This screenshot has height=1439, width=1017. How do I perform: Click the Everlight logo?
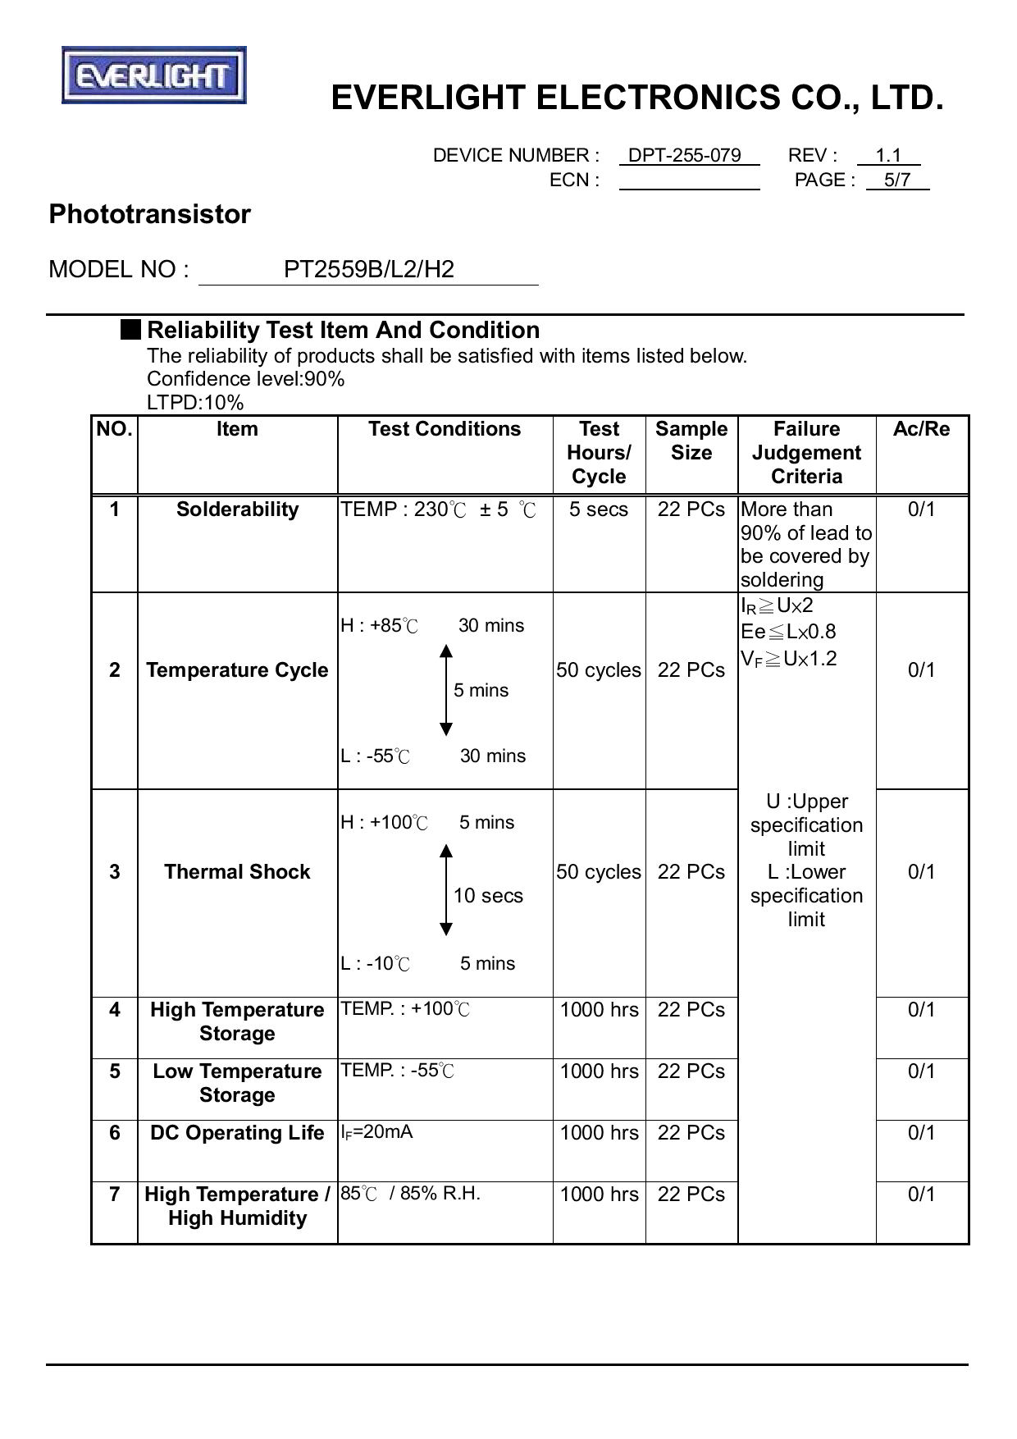154,75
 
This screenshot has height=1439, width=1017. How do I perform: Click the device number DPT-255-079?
684,156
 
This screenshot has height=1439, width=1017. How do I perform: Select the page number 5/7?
897,180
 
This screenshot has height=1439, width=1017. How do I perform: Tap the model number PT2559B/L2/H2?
368,270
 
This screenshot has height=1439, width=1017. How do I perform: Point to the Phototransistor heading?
149,214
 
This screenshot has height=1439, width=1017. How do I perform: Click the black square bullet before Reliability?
130,330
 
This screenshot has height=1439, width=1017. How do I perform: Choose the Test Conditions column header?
445,429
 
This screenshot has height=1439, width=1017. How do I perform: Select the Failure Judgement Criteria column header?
806,453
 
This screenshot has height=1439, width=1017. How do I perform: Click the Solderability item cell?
237,509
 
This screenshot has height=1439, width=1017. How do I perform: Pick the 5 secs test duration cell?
599,509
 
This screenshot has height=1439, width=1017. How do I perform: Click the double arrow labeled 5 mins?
446,690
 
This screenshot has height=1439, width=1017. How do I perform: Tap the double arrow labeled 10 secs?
446,889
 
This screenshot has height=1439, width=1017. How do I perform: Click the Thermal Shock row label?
237,872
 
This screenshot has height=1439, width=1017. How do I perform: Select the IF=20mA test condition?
376,1133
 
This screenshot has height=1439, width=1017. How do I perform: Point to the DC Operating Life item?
237,1133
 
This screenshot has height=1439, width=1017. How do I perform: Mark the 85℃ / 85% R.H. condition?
410,1194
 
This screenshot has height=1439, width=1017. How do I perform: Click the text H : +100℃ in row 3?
384,823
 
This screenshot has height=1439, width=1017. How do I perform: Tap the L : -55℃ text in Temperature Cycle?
375,756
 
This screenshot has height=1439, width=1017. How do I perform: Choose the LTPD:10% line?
195,403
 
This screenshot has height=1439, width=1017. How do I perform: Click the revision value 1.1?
888,156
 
